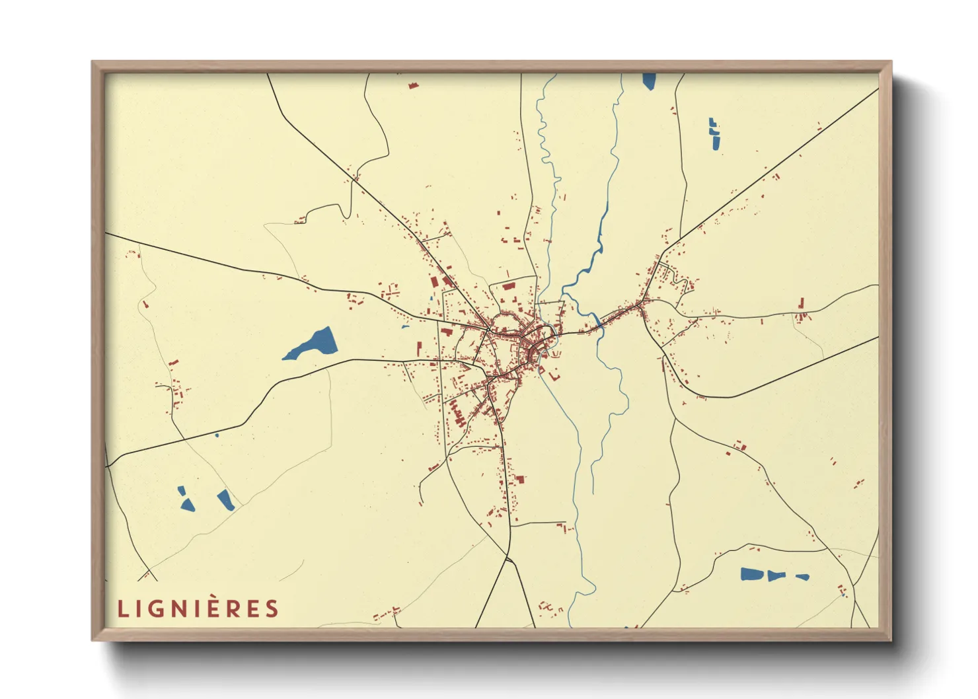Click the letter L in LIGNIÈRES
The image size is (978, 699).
(122, 608)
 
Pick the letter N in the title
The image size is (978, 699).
(178, 608)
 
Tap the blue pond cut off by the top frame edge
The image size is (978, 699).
(649, 81)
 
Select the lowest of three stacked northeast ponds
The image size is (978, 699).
(716, 143)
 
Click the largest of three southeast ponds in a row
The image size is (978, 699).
(751, 574)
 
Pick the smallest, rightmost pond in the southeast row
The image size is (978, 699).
(803, 577)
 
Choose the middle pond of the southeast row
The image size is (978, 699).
(775, 575)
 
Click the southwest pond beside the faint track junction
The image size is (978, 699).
(226, 500)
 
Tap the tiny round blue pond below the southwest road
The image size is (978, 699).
(217, 435)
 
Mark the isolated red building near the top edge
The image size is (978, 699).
(414, 85)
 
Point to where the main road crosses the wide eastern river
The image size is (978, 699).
(599, 323)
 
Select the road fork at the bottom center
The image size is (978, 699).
(507, 560)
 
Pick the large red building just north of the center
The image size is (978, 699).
(509, 287)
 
